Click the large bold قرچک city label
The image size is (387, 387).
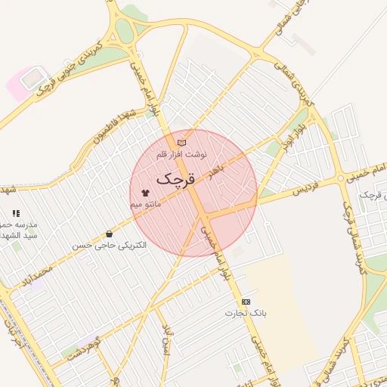point(176,180)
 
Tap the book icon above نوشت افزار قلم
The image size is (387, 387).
point(181,142)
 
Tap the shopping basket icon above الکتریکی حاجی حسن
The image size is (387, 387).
point(110,234)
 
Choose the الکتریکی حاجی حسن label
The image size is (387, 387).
point(110,246)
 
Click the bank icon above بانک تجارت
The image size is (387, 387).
point(246,302)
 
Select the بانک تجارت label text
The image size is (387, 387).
point(246,313)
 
